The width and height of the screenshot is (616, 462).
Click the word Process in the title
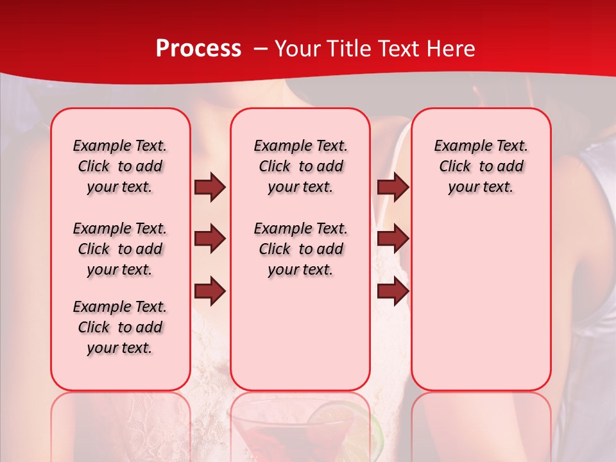point(198,49)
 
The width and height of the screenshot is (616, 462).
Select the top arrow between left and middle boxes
point(210,187)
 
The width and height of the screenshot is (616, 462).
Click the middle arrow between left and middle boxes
point(210,239)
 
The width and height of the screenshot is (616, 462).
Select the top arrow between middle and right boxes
point(393,187)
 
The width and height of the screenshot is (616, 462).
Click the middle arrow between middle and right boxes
point(393,239)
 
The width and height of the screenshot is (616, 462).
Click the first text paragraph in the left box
point(120,166)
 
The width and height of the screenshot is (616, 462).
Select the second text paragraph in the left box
point(120,249)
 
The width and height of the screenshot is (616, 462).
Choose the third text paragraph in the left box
point(120,327)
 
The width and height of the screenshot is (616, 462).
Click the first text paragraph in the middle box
point(300,166)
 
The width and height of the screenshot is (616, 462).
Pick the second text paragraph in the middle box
point(300,249)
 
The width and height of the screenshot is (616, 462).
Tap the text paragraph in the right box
point(481,166)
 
